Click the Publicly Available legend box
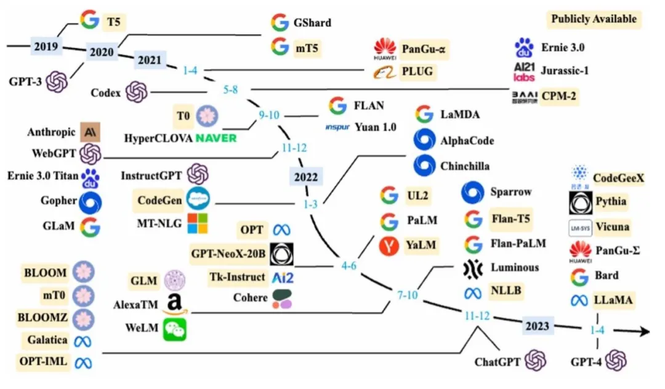594,19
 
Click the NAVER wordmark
216,137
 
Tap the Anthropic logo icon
90,132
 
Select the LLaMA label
613,300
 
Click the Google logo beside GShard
280,23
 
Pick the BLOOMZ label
46,318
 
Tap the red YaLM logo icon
389,245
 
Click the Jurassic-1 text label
565,70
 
